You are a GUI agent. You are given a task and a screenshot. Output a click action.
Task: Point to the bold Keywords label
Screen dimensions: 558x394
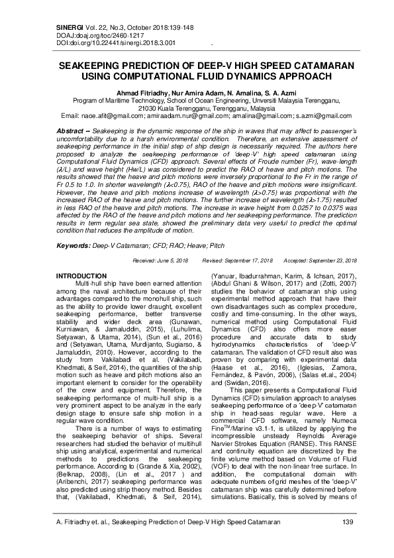pyautogui.click(x=73, y=245)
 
